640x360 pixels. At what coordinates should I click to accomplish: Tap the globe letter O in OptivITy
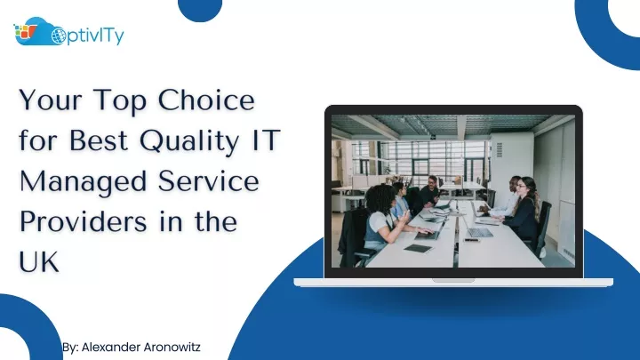pyautogui.click(x=59, y=36)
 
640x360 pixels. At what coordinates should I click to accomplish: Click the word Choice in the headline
pyautogui.click(x=206, y=100)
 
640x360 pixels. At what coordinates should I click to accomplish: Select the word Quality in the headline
pyautogui.click(x=189, y=141)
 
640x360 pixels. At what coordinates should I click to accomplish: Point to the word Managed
pyautogui.click(x=83, y=182)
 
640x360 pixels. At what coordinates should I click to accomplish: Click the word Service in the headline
pyautogui.click(x=208, y=180)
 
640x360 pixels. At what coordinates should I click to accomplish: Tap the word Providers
pyautogui.click(x=83, y=221)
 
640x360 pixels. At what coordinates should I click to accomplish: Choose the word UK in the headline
pyautogui.click(x=39, y=261)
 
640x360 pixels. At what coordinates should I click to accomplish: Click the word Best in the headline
pyautogui.click(x=99, y=140)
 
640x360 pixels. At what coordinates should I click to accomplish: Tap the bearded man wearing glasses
pyautogui.click(x=430, y=191)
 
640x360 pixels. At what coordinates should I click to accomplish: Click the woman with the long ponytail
pyautogui.click(x=524, y=208)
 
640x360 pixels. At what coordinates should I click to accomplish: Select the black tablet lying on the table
pyautogui.click(x=417, y=248)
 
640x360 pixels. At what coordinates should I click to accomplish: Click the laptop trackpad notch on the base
pyautogui.click(x=453, y=280)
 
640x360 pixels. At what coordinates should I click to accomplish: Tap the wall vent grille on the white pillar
pyautogui.click(x=500, y=150)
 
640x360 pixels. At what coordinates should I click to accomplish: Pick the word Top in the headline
pyautogui.click(x=120, y=100)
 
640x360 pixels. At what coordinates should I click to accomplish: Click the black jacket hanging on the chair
pyautogui.click(x=352, y=236)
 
